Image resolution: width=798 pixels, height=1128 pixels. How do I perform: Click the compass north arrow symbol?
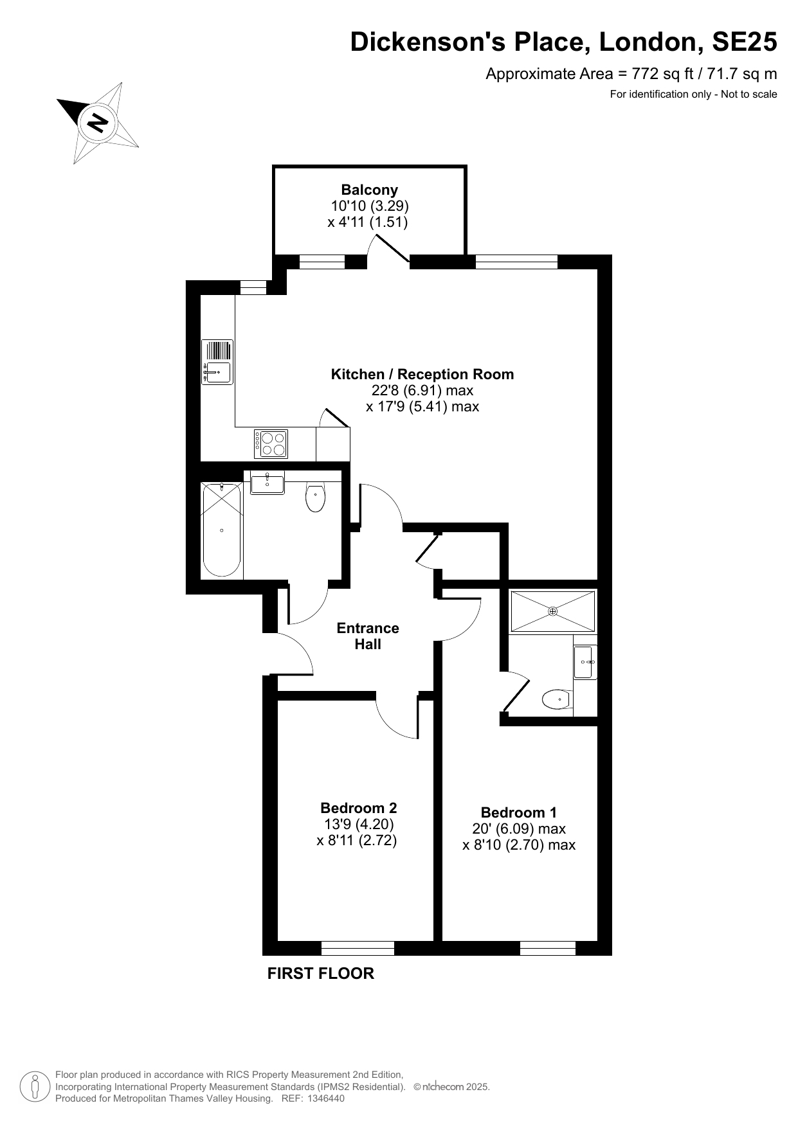point(98,123)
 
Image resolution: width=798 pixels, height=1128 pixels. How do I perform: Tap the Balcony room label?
point(369,190)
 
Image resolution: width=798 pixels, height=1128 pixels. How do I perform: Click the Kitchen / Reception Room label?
point(422,374)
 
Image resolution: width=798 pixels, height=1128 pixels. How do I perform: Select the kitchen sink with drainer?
point(218,362)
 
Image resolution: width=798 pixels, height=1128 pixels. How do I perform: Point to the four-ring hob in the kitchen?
point(271,443)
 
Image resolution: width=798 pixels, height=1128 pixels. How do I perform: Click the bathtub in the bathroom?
point(222,530)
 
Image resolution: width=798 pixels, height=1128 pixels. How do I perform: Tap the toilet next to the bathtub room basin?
point(315,497)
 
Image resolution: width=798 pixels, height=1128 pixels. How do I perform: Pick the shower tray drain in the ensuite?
point(553,611)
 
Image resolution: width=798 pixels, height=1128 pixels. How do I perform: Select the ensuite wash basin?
point(585,661)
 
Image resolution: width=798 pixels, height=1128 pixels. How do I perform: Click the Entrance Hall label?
point(368,636)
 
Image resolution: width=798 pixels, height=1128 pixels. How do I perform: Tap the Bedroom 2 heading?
point(359,808)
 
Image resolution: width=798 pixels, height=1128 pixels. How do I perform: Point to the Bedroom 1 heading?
point(519,812)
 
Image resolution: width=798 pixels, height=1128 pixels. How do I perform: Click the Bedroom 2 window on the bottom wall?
point(358,948)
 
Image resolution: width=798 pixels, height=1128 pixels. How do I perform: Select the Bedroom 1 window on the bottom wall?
point(547,948)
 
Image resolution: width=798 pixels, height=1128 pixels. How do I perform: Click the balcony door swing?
point(388,250)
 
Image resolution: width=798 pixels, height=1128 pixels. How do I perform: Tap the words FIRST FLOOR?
point(321,973)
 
